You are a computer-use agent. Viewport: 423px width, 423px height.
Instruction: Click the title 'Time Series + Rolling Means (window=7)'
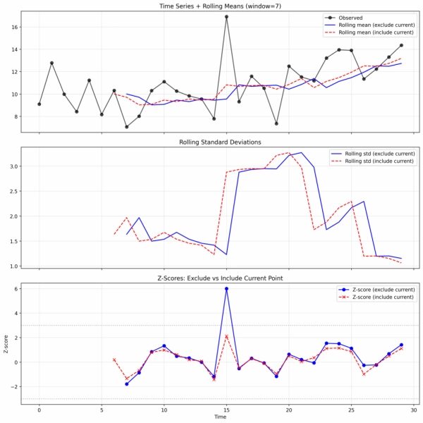220,7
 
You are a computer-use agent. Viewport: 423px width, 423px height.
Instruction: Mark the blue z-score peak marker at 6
226,288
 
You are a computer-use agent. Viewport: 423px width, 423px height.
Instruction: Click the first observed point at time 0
39,104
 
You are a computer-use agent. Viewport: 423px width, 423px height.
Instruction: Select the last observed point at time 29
401,45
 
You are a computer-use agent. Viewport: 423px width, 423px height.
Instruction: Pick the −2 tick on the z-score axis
23,387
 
